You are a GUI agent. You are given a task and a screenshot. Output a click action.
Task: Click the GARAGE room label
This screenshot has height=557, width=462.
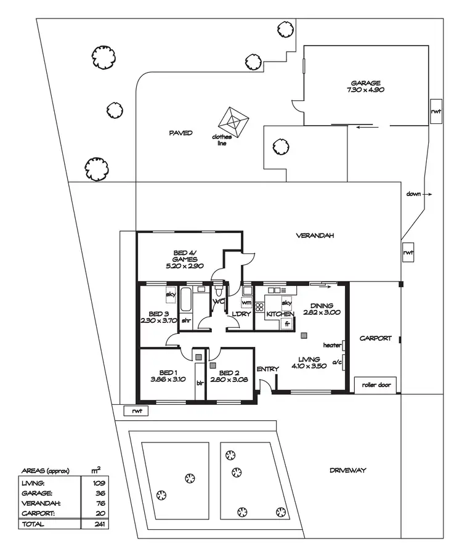[x=366, y=83]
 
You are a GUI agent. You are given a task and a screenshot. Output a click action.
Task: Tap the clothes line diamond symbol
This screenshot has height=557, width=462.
[x=234, y=121]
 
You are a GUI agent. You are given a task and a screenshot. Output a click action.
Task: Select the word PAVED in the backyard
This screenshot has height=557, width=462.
[x=180, y=133]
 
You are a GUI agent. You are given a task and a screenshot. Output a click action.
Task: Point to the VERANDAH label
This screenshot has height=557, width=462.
[x=315, y=235]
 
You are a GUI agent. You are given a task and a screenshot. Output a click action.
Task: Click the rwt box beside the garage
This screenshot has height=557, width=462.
[x=436, y=112]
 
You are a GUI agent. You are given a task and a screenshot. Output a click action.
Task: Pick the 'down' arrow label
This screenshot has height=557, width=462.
[x=413, y=194]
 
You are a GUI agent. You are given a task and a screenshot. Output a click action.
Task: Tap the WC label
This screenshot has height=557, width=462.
[x=218, y=302]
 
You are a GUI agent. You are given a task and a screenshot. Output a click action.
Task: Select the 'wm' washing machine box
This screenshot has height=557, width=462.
[x=246, y=303]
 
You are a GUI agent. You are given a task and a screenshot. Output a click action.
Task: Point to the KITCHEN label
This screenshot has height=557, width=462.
[x=280, y=314]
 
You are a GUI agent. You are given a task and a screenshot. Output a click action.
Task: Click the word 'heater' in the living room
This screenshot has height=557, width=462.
[x=332, y=345]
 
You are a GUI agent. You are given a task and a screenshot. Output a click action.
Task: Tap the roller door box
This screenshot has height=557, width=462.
[x=376, y=385]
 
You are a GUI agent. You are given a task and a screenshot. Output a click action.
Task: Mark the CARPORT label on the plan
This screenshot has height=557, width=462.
[x=376, y=338]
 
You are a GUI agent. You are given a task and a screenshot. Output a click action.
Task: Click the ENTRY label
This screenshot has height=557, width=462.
[x=268, y=369]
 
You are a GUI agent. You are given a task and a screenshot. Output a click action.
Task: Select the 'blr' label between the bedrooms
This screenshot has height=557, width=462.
[x=200, y=382]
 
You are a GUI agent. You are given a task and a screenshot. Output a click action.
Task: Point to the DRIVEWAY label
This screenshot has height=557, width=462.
[x=347, y=470]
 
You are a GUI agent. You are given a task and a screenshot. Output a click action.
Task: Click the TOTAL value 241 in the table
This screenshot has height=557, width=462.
[x=95, y=524]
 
